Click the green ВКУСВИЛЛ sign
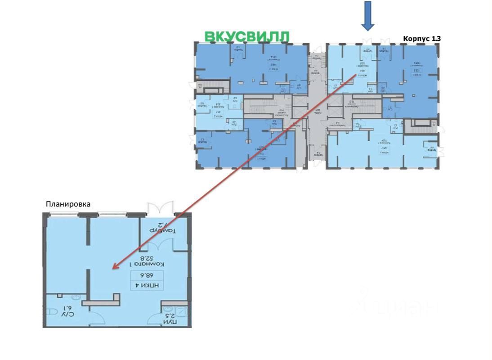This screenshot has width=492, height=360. pos(246,36)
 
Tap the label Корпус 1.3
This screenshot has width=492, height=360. pos(421,39)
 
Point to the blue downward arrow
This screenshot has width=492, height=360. pos(368,16)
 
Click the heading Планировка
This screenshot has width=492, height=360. pos(68,204)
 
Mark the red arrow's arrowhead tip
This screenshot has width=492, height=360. pos(112,269)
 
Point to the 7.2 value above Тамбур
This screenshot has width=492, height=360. pos(162,224)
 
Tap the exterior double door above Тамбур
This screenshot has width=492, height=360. pos(160,208)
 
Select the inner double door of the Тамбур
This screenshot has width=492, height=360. pos(160,246)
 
